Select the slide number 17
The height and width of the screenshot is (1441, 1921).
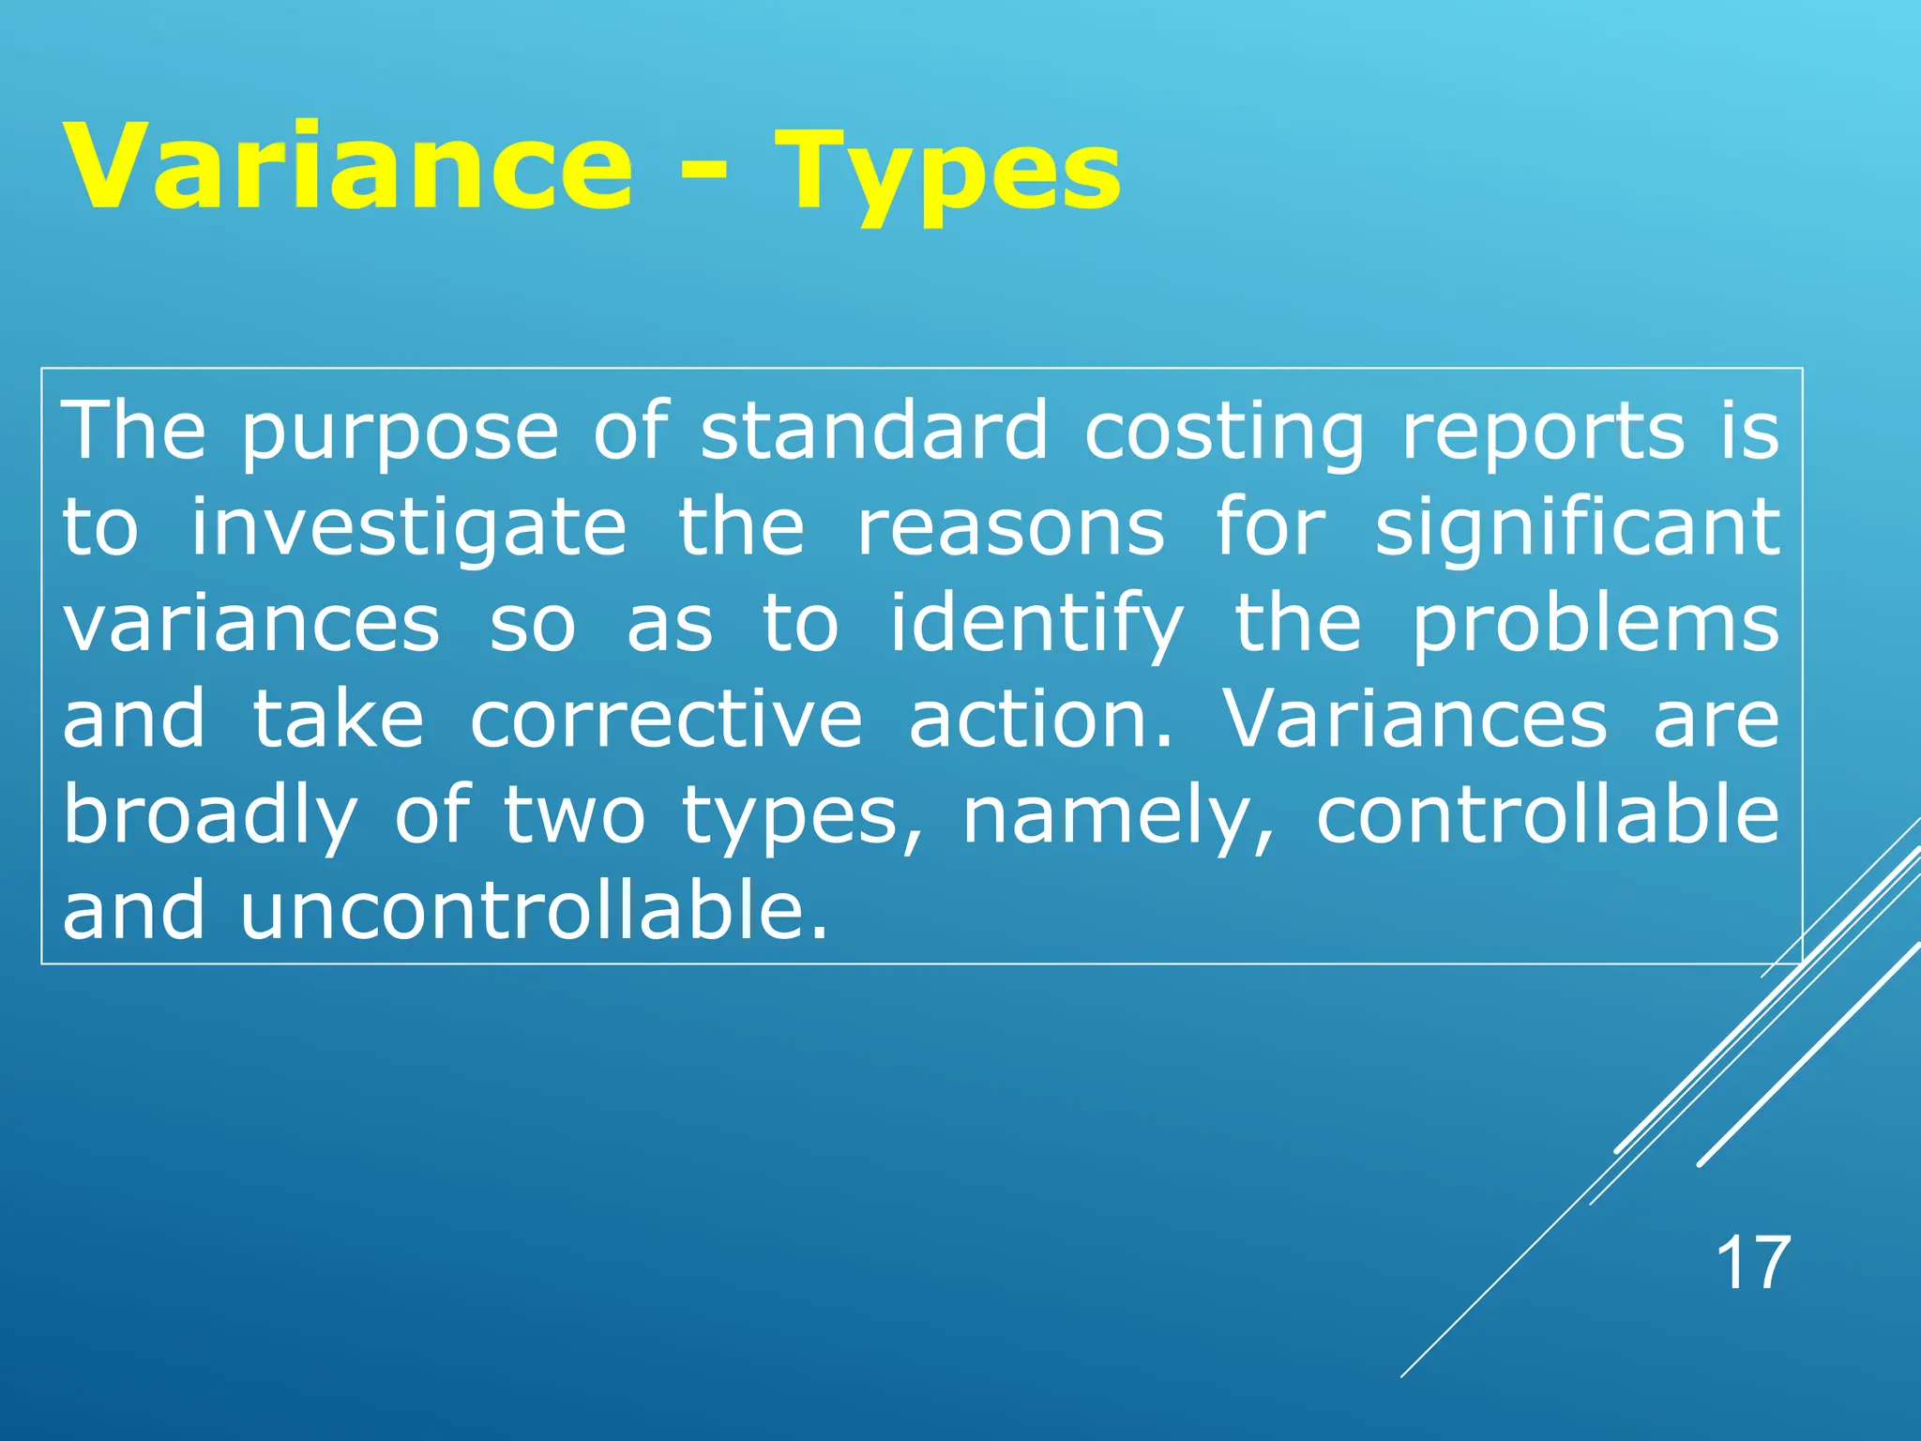tap(1752, 1264)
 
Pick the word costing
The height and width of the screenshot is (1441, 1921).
tap(1223, 433)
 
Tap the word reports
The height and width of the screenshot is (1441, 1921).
tap(1543, 433)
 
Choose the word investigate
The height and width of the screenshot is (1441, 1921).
tap(409, 529)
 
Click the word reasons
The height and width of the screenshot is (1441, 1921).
tap(1011, 527)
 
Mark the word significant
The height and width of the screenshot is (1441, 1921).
tap(1577, 529)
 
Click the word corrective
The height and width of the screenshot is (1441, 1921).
tap(666, 720)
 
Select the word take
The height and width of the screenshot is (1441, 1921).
tap(339, 720)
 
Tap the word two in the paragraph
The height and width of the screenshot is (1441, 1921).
tap(574, 816)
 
